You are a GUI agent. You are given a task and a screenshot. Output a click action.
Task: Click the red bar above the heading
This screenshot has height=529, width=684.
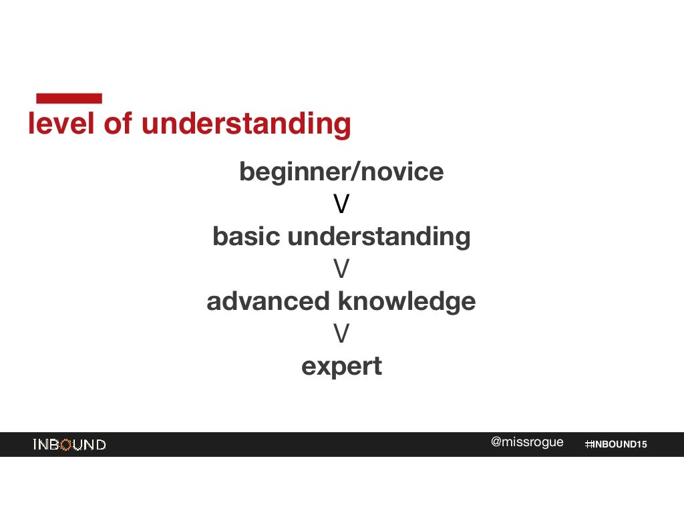click(x=69, y=98)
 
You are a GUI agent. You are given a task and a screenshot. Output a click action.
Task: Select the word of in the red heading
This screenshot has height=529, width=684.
click(x=118, y=124)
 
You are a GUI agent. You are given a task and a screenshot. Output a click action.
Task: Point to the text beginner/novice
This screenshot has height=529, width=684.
click(x=341, y=172)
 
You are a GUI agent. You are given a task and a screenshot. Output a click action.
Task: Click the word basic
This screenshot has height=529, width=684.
click(x=246, y=236)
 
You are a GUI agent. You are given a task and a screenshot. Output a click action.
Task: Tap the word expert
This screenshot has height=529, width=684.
click(x=341, y=367)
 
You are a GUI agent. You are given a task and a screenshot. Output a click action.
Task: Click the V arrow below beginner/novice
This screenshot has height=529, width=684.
click(x=341, y=204)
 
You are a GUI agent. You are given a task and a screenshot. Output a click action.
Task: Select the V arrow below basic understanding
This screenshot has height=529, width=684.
click(x=341, y=269)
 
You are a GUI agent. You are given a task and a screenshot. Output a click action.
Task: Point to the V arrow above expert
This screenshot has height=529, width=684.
click(x=341, y=334)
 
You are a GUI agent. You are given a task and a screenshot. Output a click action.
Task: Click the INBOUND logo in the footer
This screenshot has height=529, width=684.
click(x=69, y=445)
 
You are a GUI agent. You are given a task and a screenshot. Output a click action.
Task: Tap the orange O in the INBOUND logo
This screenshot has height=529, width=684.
click(x=65, y=445)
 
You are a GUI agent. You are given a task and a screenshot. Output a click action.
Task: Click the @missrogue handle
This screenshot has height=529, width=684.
click(x=527, y=442)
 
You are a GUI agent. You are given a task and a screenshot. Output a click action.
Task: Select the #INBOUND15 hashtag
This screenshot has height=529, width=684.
click(x=616, y=445)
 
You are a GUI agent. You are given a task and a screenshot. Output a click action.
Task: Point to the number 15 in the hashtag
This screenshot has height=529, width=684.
click(x=641, y=445)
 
